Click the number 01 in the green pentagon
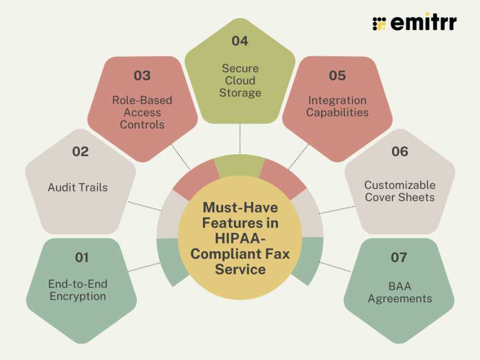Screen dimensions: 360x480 pos(82,258)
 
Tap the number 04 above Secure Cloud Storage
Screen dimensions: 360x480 pos(240,41)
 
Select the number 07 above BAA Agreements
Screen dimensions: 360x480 pos(399,258)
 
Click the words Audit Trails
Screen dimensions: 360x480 pos(78,187)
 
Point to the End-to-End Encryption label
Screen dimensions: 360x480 pos(78,290)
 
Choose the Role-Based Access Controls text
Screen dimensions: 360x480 pos(142,112)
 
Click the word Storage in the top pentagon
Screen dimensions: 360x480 pos(240,93)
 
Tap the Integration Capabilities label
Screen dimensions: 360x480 pos(337,106)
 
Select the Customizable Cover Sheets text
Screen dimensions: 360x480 pos(400,191)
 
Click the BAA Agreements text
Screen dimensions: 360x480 pos(400,292)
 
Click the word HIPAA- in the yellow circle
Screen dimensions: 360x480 pos(240,238)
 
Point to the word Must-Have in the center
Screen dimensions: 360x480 pos(240,207)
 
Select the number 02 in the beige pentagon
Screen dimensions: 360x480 pos(80,152)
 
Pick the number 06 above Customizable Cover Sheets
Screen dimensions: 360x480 pos(400,152)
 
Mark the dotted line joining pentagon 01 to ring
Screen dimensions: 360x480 pos(144,266)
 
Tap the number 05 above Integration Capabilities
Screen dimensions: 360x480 pos(337,76)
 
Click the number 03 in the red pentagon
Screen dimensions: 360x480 pos(142,76)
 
